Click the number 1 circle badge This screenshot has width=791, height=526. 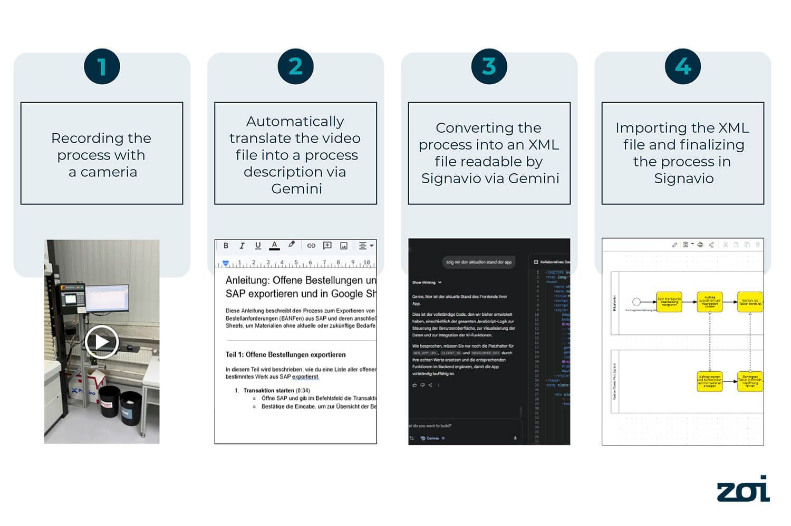point(102,67)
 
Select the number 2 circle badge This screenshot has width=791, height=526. point(295,67)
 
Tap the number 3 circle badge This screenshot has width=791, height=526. point(489,67)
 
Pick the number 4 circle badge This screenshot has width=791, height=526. point(683,67)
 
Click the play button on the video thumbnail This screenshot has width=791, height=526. point(101,342)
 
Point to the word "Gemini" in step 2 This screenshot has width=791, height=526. point(296,188)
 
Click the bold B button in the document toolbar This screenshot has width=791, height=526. point(226,245)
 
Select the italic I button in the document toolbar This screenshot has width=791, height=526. point(242,245)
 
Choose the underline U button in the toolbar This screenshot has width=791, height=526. point(258,245)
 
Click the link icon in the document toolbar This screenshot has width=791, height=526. point(311,245)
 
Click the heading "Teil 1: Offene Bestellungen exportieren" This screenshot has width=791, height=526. point(285,354)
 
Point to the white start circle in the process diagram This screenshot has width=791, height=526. point(636,302)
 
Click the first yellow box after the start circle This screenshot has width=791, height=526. point(669,302)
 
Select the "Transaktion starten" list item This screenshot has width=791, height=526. point(268,390)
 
